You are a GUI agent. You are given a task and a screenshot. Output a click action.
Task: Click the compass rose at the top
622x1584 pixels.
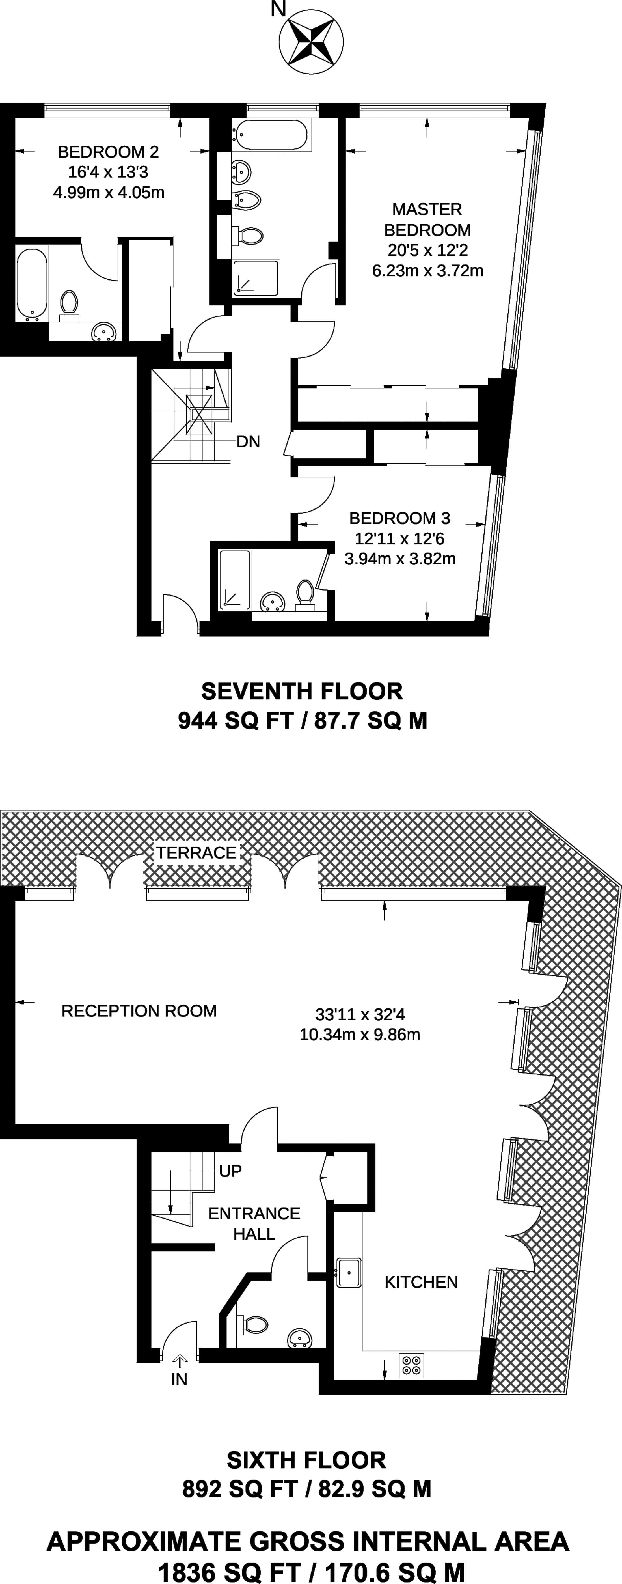coord(311,41)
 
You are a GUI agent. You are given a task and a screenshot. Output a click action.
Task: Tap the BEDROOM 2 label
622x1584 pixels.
coord(108,151)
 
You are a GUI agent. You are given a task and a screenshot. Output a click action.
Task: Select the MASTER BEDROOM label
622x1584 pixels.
coord(427,219)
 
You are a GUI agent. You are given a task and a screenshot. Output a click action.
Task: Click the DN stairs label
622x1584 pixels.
coord(248,441)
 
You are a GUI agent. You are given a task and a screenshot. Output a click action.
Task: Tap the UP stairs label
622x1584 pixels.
coord(230,1171)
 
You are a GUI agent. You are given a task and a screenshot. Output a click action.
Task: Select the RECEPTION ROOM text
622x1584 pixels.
coord(139,1011)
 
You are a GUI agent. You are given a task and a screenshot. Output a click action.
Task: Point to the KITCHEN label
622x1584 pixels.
coord(421,1282)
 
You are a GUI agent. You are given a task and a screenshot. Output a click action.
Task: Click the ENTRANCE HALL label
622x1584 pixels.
coord(254,1224)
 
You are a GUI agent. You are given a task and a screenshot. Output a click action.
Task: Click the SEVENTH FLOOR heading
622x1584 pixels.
coord(302,691)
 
